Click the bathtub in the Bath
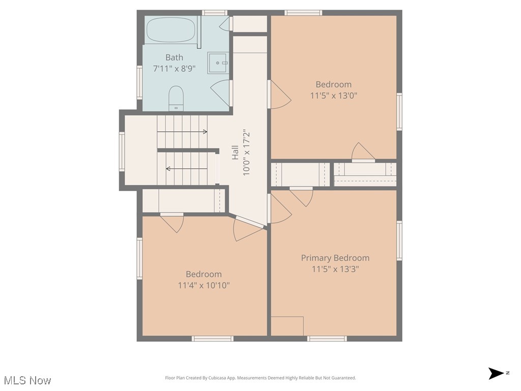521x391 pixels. point(171,30)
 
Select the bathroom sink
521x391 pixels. point(218,63)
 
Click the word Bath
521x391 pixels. point(174,58)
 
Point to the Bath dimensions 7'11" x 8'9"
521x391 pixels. point(174,68)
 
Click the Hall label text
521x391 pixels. point(236,153)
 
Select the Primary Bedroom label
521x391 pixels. point(335,258)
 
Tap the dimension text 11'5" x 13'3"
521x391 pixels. point(335,269)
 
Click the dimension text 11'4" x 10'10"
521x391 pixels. point(204,285)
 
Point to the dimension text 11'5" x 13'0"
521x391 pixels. point(333,95)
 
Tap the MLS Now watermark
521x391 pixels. point(27,380)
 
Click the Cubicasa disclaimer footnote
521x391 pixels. point(260,378)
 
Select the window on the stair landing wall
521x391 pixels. point(122,151)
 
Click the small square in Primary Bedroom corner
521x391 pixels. point(287,326)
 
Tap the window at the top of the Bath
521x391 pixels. point(214,13)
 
